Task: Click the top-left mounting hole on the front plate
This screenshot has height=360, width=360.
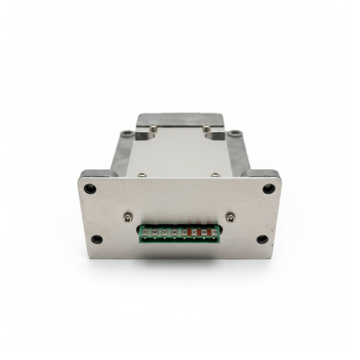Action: click(x=91, y=188)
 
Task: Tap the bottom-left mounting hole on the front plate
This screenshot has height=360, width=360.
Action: click(x=97, y=239)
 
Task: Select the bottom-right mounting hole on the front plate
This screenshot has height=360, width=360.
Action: click(x=262, y=239)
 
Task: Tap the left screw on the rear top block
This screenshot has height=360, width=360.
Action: click(x=154, y=127)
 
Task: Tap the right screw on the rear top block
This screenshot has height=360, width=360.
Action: click(x=206, y=127)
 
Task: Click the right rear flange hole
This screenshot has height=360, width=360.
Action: click(x=236, y=134)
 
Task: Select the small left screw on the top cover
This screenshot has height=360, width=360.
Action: click(x=141, y=175)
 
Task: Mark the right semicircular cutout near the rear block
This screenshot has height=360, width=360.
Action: click(x=214, y=135)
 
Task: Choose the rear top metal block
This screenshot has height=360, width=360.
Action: click(x=179, y=119)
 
